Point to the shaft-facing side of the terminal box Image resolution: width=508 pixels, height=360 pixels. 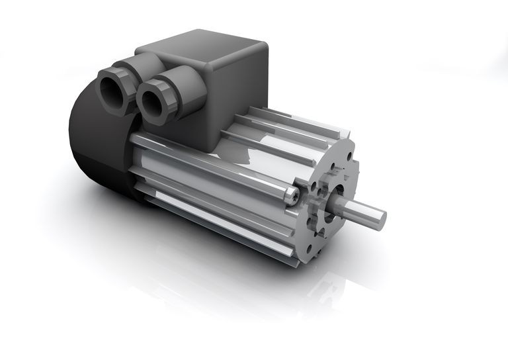coord(238,99)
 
